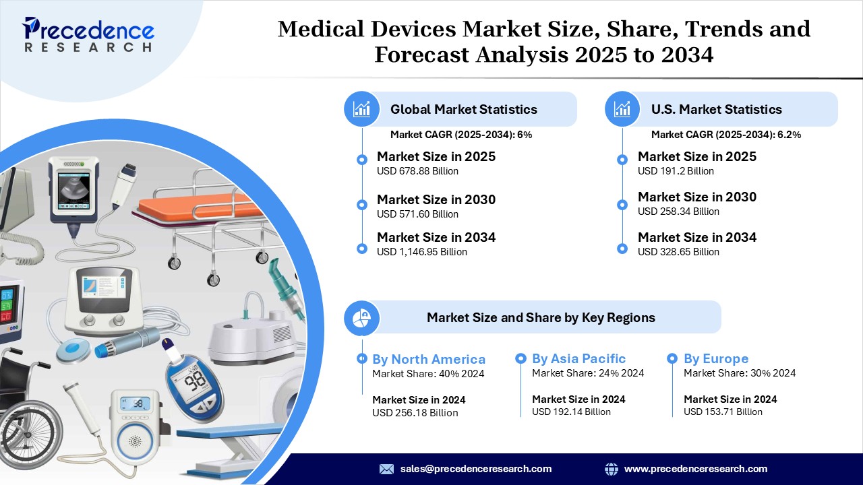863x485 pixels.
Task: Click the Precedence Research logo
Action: [x=88, y=34]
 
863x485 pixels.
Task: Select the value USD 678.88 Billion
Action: [x=417, y=171]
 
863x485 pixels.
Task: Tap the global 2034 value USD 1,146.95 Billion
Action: [x=422, y=252]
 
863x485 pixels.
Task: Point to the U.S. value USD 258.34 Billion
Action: [x=678, y=212]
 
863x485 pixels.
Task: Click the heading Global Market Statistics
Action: [x=463, y=109]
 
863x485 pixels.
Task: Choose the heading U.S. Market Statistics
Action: [x=716, y=109]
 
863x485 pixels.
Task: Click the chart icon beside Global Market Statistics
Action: [x=361, y=109]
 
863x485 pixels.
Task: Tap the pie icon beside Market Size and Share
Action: [x=361, y=318]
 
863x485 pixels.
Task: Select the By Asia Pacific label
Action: [x=578, y=358]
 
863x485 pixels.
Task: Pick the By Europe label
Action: [x=716, y=358]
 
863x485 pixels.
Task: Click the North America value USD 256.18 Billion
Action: [x=415, y=413]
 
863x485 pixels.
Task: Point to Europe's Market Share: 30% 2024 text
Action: [x=740, y=373]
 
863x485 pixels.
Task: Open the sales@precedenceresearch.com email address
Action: [x=476, y=469]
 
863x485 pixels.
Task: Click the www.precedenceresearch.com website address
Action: [x=695, y=469]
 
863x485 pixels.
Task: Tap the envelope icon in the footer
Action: [x=386, y=469]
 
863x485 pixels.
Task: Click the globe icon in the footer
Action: [x=611, y=469]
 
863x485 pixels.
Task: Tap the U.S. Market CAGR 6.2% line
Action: [x=726, y=135]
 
